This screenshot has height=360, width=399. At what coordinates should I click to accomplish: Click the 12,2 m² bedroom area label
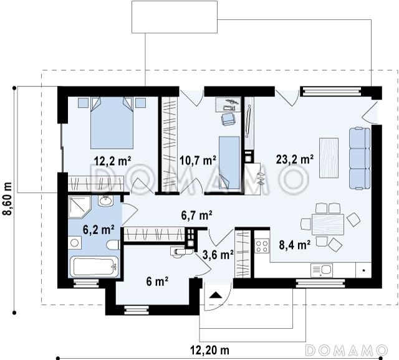point(112,161)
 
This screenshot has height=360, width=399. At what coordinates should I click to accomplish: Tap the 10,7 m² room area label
point(198,161)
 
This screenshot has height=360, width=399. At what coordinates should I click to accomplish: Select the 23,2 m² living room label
point(295,160)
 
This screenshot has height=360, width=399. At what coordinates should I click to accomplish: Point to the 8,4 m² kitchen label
point(294,245)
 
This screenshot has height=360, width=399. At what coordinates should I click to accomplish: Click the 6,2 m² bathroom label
point(99,230)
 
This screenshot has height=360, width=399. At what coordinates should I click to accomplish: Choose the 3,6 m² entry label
point(218,255)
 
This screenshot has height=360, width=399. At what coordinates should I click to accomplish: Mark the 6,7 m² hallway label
point(196,216)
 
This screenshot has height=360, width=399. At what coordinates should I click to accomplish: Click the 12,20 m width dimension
point(209,350)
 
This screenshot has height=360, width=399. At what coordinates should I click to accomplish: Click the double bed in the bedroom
point(112,123)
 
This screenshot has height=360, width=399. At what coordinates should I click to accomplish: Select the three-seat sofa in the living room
point(360,159)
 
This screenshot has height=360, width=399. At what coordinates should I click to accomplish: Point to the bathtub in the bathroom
point(94,267)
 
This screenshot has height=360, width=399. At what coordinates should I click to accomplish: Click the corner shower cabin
point(79,207)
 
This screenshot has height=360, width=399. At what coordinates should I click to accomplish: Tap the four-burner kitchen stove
point(262,246)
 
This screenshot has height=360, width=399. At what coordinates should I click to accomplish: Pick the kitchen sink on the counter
point(322,270)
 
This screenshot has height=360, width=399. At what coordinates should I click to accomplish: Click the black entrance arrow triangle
point(216,295)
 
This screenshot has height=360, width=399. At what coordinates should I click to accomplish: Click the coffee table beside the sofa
point(329,158)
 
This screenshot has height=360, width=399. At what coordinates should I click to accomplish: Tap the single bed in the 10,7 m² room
point(229,163)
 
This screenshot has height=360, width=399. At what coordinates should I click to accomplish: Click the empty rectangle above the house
point(175,17)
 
